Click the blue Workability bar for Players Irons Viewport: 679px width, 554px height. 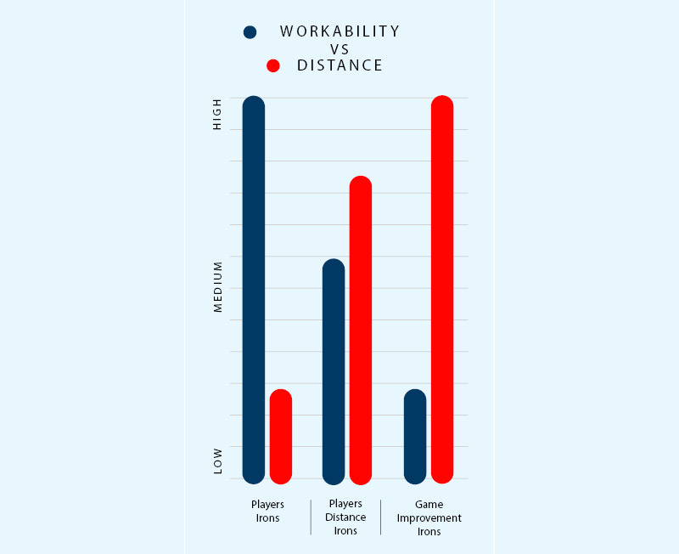254,289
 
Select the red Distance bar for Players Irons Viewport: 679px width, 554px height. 281,437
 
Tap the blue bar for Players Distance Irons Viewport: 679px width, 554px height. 334,371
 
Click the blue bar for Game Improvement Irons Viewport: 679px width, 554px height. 415,437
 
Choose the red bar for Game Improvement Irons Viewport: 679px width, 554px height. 442,289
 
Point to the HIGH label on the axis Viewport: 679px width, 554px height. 217,114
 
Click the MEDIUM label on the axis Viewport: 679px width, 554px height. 217,286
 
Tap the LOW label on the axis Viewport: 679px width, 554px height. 217,461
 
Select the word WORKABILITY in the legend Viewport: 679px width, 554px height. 339,31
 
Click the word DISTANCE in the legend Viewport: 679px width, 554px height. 339,65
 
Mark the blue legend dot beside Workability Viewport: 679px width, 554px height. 250,32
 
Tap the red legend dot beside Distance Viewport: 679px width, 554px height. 273,65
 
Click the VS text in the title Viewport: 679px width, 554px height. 339,49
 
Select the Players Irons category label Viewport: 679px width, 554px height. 267,511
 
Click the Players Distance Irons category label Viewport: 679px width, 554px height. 346,517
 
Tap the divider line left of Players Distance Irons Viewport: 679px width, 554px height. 311,517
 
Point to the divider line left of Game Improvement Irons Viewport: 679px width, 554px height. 380,517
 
